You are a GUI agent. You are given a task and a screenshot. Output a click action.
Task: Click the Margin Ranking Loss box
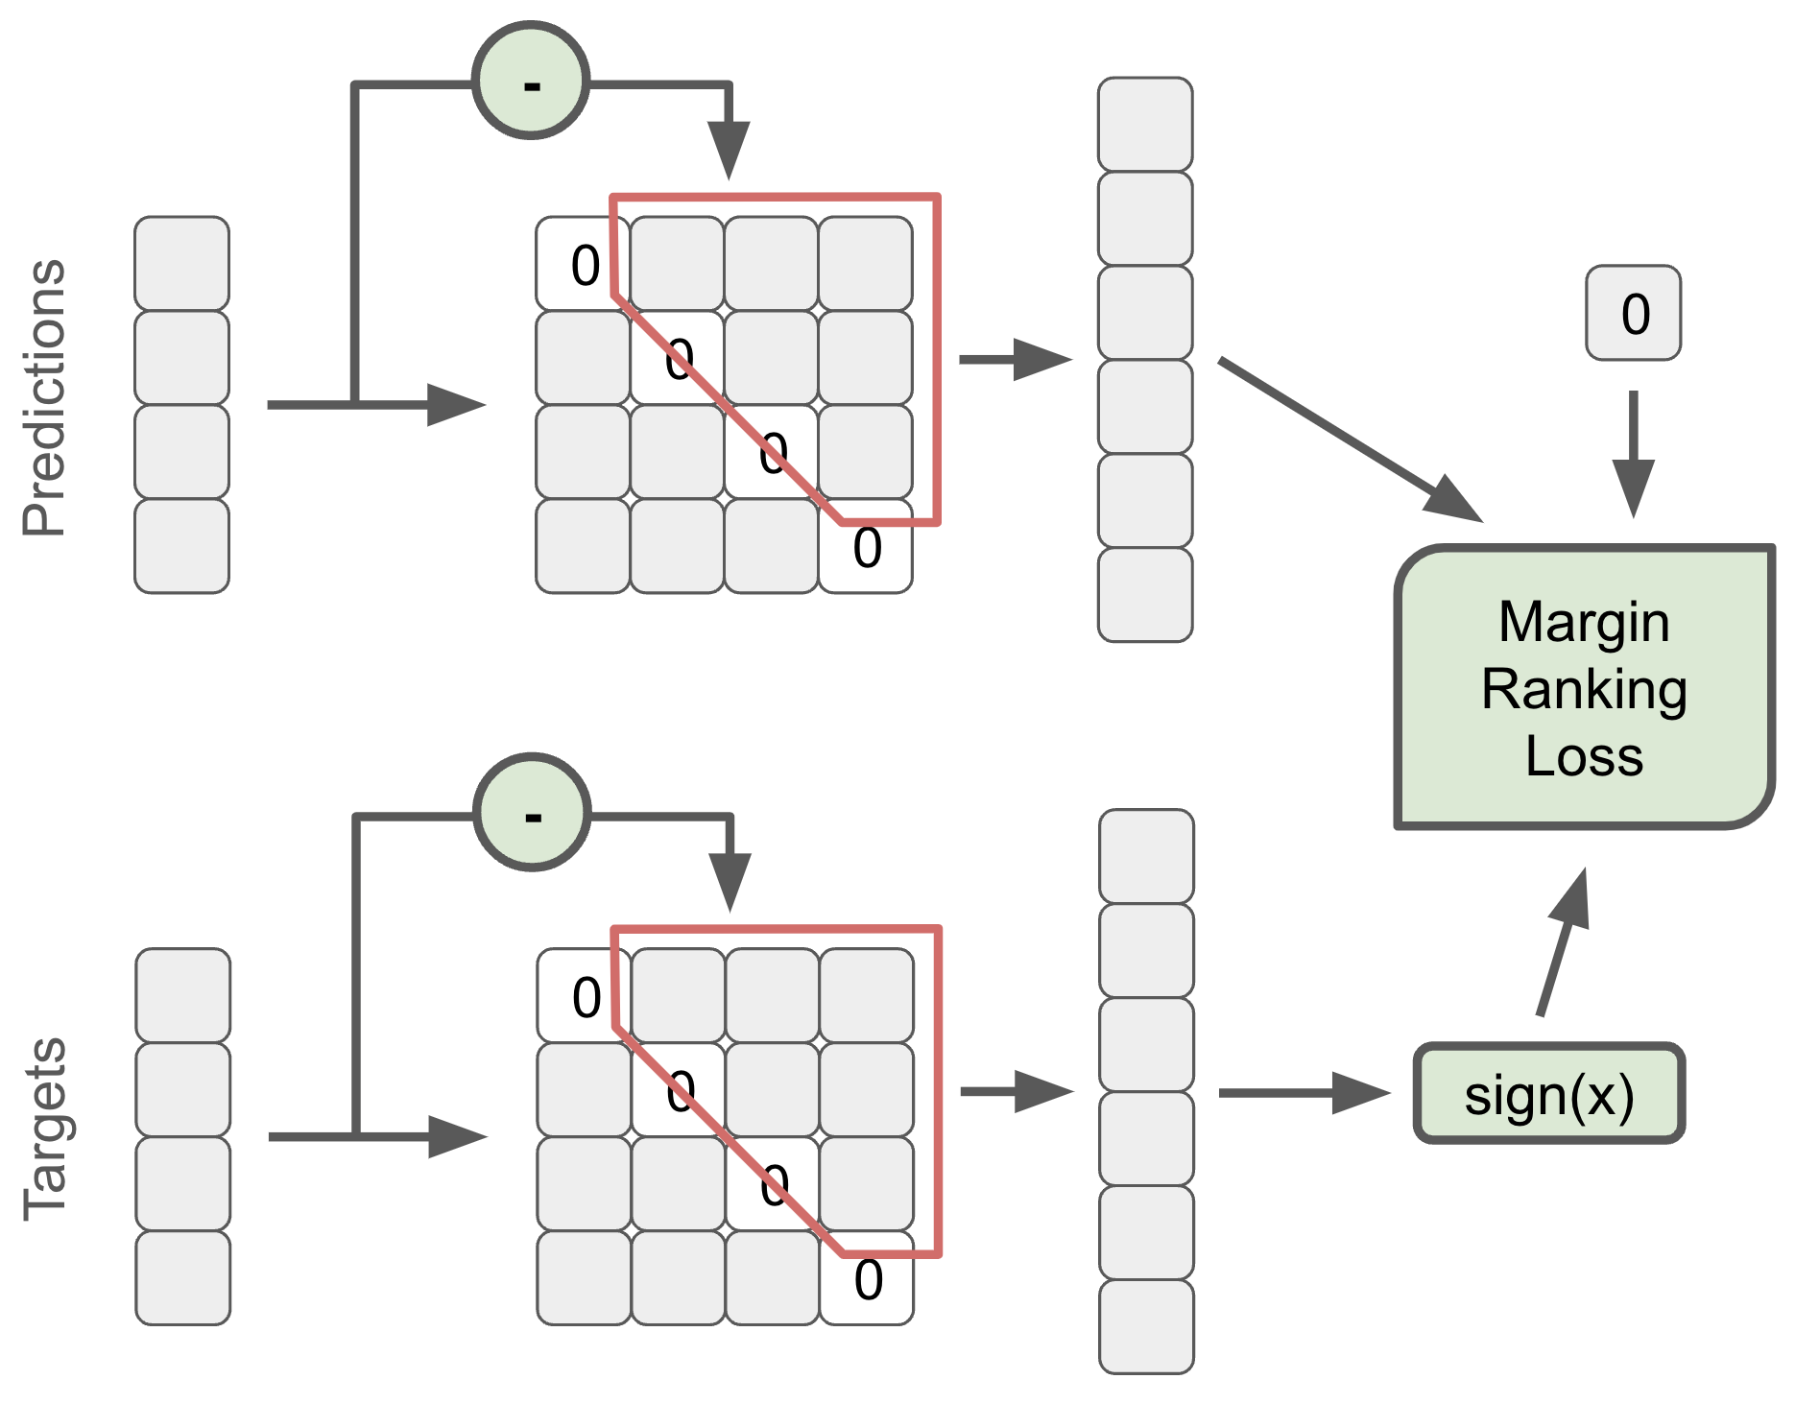coord(1584,686)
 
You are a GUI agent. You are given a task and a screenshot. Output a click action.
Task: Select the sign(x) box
coord(1548,1094)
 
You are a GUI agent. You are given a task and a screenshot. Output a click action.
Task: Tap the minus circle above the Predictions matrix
coord(531,82)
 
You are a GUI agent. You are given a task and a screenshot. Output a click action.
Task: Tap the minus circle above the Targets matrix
coord(533,813)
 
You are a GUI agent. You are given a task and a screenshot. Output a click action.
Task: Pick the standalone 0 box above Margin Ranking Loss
coord(1633,313)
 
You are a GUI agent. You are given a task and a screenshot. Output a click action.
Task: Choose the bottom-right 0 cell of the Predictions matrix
coord(866,547)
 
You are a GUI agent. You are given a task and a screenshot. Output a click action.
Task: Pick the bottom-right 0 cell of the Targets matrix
coord(868,1279)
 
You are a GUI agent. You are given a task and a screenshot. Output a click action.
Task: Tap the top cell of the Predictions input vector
coord(181,263)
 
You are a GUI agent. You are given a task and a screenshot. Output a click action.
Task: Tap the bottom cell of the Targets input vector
coord(183,1278)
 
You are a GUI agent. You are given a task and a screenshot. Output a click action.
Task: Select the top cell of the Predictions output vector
coord(1145,125)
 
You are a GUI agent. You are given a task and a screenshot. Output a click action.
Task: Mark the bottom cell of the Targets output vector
coord(1146,1326)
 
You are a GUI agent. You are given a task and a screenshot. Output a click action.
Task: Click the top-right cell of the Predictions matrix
coord(866,264)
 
